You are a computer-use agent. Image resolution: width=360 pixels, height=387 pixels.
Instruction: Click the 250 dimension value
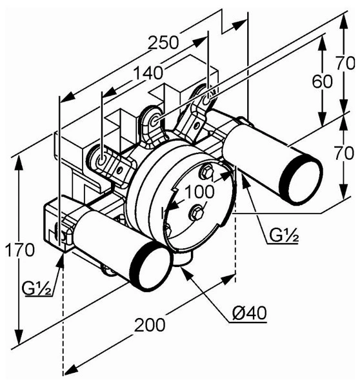click(163, 43)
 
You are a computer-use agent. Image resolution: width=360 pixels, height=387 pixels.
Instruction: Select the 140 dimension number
click(148, 73)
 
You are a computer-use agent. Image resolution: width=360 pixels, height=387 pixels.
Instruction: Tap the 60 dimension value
click(322, 82)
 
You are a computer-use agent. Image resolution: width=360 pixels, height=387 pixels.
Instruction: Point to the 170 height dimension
click(20, 250)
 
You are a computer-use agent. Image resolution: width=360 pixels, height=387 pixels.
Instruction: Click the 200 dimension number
click(150, 325)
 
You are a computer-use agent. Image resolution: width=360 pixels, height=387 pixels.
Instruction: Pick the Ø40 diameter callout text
click(250, 313)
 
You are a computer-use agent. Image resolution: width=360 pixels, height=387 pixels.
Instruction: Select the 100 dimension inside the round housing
click(199, 192)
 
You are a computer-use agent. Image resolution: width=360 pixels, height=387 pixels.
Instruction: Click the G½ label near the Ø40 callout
click(284, 235)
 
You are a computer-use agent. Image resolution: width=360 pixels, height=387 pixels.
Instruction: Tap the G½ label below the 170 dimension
click(37, 288)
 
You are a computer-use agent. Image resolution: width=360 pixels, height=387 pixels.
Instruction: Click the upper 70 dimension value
click(345, 63)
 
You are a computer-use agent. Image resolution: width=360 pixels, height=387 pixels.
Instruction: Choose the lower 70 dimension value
click(345, 153)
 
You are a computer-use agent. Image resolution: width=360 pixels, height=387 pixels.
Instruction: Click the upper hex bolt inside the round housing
click(206, 171)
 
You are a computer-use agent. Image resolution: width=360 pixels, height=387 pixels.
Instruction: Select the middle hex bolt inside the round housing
click(196, 212)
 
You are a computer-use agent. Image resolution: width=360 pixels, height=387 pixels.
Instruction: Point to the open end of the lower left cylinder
click(152, 266)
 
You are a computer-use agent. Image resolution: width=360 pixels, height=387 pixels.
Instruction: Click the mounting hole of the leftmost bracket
click(101, 161)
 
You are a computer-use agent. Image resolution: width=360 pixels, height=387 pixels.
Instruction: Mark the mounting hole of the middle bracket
click(155, 121)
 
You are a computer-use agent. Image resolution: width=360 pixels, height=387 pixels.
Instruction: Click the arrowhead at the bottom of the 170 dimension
click(19, 337)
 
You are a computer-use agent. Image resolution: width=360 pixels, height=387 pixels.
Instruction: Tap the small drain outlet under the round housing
click(182, 259)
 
